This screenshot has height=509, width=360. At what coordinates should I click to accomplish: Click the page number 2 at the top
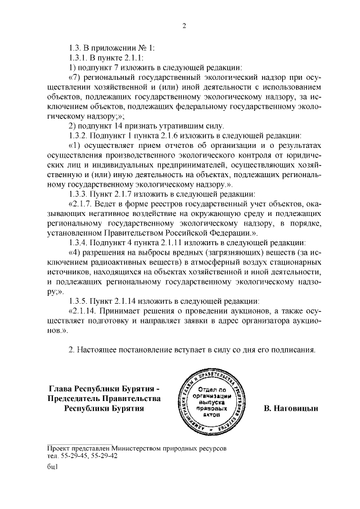point(183,25)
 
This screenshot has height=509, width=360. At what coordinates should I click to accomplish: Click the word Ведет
point(108,203)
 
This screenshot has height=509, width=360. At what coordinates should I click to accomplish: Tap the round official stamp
point(211,400)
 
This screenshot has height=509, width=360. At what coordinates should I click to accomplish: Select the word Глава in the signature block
point(62,388)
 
